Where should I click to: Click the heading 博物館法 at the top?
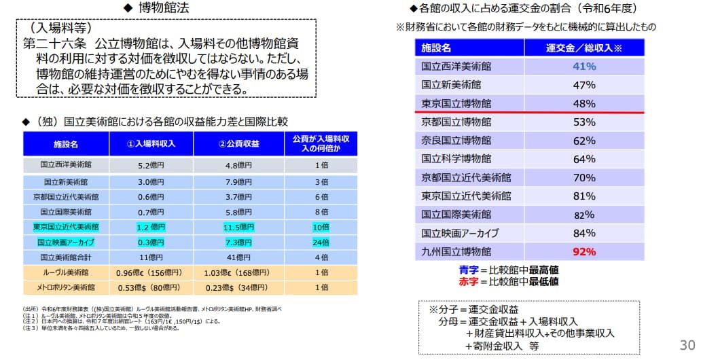click(163, 8)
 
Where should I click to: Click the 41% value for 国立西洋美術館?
click(584, 67)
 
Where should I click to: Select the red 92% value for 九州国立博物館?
click(584, 251)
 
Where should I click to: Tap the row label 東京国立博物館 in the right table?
click(456, 104)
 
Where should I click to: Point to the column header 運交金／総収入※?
click(584, 48)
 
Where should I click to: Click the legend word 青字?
click(470, 269)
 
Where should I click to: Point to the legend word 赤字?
click(470, 281)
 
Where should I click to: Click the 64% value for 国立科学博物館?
click(584, 159)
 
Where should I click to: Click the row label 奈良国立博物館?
click(456, 141)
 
